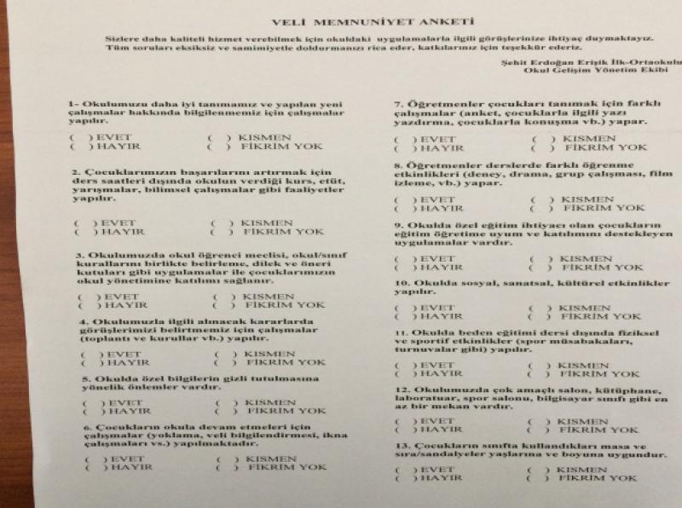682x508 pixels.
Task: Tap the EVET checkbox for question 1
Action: pos(79,137)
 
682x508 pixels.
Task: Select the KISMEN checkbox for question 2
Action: pos(221,223)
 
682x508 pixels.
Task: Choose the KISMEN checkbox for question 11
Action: pos(538,366)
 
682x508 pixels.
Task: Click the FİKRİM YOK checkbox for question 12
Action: pos(536,430)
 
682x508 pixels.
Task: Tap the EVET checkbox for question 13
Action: pos(402,469)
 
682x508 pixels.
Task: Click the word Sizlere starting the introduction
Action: pos(120,39)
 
